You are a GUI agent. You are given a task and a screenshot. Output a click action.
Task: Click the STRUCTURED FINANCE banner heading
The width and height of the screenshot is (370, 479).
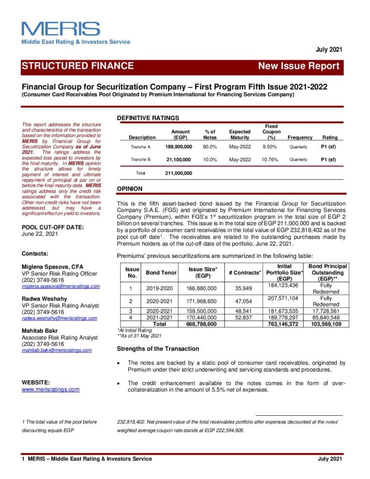click(x=78, y=66)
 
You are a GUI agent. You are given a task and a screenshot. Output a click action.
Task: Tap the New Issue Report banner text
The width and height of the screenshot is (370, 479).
click(x=299, y=66)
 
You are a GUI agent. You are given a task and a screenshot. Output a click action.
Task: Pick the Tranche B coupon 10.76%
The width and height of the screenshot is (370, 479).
click(x=270, y=160)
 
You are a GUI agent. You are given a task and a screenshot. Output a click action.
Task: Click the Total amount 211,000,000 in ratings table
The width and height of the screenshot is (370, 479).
click(x=179, y=173)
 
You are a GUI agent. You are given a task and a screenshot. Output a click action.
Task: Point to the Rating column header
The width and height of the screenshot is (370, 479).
click(x=330, y=138)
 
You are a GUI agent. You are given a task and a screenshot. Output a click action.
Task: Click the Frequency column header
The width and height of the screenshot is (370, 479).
click(x=300, y=138)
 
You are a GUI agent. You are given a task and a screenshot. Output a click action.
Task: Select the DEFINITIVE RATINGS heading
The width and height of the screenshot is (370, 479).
click(x=147, y=118)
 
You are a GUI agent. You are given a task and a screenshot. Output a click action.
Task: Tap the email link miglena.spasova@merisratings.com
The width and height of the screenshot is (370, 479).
click(x=61, y=286)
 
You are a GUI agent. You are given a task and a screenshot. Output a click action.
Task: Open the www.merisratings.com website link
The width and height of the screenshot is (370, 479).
click(x=51, y=389)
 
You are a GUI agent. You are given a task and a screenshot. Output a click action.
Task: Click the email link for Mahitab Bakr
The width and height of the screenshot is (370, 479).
click(x=57, y=350)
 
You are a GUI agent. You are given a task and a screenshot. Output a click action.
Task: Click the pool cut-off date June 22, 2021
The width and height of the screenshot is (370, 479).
click(x=40, y=234)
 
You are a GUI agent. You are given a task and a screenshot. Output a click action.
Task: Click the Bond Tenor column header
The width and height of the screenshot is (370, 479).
click(x=160, y=272)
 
